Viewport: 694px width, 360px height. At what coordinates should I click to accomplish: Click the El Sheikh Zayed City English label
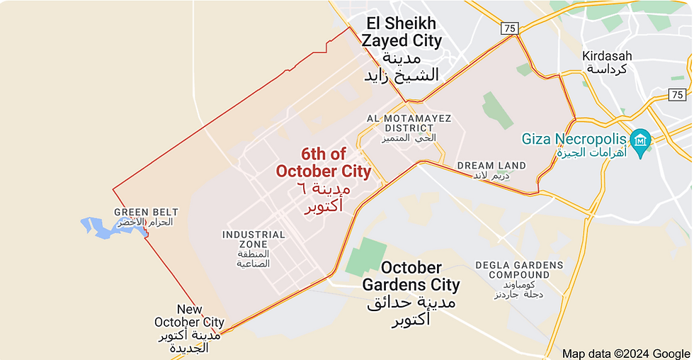pos(402,31)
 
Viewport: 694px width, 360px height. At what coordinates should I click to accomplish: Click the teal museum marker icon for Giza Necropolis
pos(640,139)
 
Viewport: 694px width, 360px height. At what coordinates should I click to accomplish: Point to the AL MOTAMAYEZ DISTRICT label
pos(409,122)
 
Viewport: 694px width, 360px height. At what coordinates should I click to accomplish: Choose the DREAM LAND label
pos(491,166)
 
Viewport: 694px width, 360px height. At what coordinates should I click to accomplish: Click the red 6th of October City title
pos(324,162)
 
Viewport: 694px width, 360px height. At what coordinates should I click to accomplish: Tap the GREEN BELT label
pos(146,212)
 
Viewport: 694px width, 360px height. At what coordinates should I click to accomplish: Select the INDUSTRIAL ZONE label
pos(254,240)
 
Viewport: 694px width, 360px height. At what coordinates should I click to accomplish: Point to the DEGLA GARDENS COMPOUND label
pos(520,270)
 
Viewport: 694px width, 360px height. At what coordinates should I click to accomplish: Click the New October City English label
pos(190,316)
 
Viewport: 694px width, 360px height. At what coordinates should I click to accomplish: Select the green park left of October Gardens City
pos(365,257)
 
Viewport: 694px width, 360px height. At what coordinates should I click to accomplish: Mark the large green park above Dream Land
pos(498,110)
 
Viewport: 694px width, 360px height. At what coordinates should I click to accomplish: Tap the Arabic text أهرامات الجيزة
pos(586,152)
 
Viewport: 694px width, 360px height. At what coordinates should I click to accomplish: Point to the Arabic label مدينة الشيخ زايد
pos(402,66)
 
